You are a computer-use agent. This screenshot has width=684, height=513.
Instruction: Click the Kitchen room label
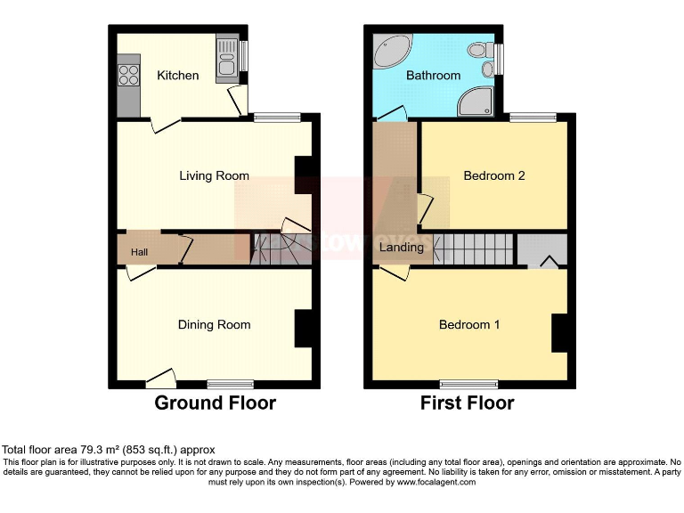(178, 76)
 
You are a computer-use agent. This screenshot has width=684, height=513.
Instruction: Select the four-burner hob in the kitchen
(128, 75)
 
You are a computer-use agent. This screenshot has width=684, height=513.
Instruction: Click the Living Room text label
(214, 175)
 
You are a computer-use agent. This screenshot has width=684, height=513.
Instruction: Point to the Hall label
(140, 253)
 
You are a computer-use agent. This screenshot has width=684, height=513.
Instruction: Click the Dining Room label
(214, 325)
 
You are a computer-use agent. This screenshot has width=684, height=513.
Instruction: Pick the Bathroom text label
(433, 76)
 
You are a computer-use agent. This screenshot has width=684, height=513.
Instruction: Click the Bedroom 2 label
(494, 175)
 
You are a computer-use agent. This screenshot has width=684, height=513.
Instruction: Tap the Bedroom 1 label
(469, 325)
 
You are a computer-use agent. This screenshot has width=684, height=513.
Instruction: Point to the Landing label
(402, 247)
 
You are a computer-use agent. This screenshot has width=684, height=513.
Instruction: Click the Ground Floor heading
(215, 403)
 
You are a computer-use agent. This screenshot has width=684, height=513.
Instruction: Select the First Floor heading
(467, 403)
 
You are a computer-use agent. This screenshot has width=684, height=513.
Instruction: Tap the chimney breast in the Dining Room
(304, 328)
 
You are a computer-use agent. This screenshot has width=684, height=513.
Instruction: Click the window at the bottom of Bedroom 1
(469, 384)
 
